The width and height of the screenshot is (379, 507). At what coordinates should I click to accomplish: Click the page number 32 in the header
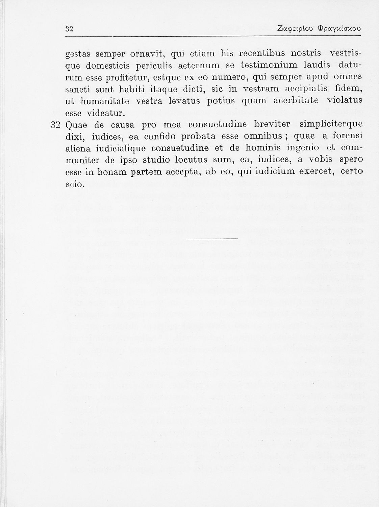click(x=70, y=29)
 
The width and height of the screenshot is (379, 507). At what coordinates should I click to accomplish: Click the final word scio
click(x=74, y=184)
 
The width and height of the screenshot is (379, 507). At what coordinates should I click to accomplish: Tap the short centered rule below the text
click(x=213, y=239)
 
